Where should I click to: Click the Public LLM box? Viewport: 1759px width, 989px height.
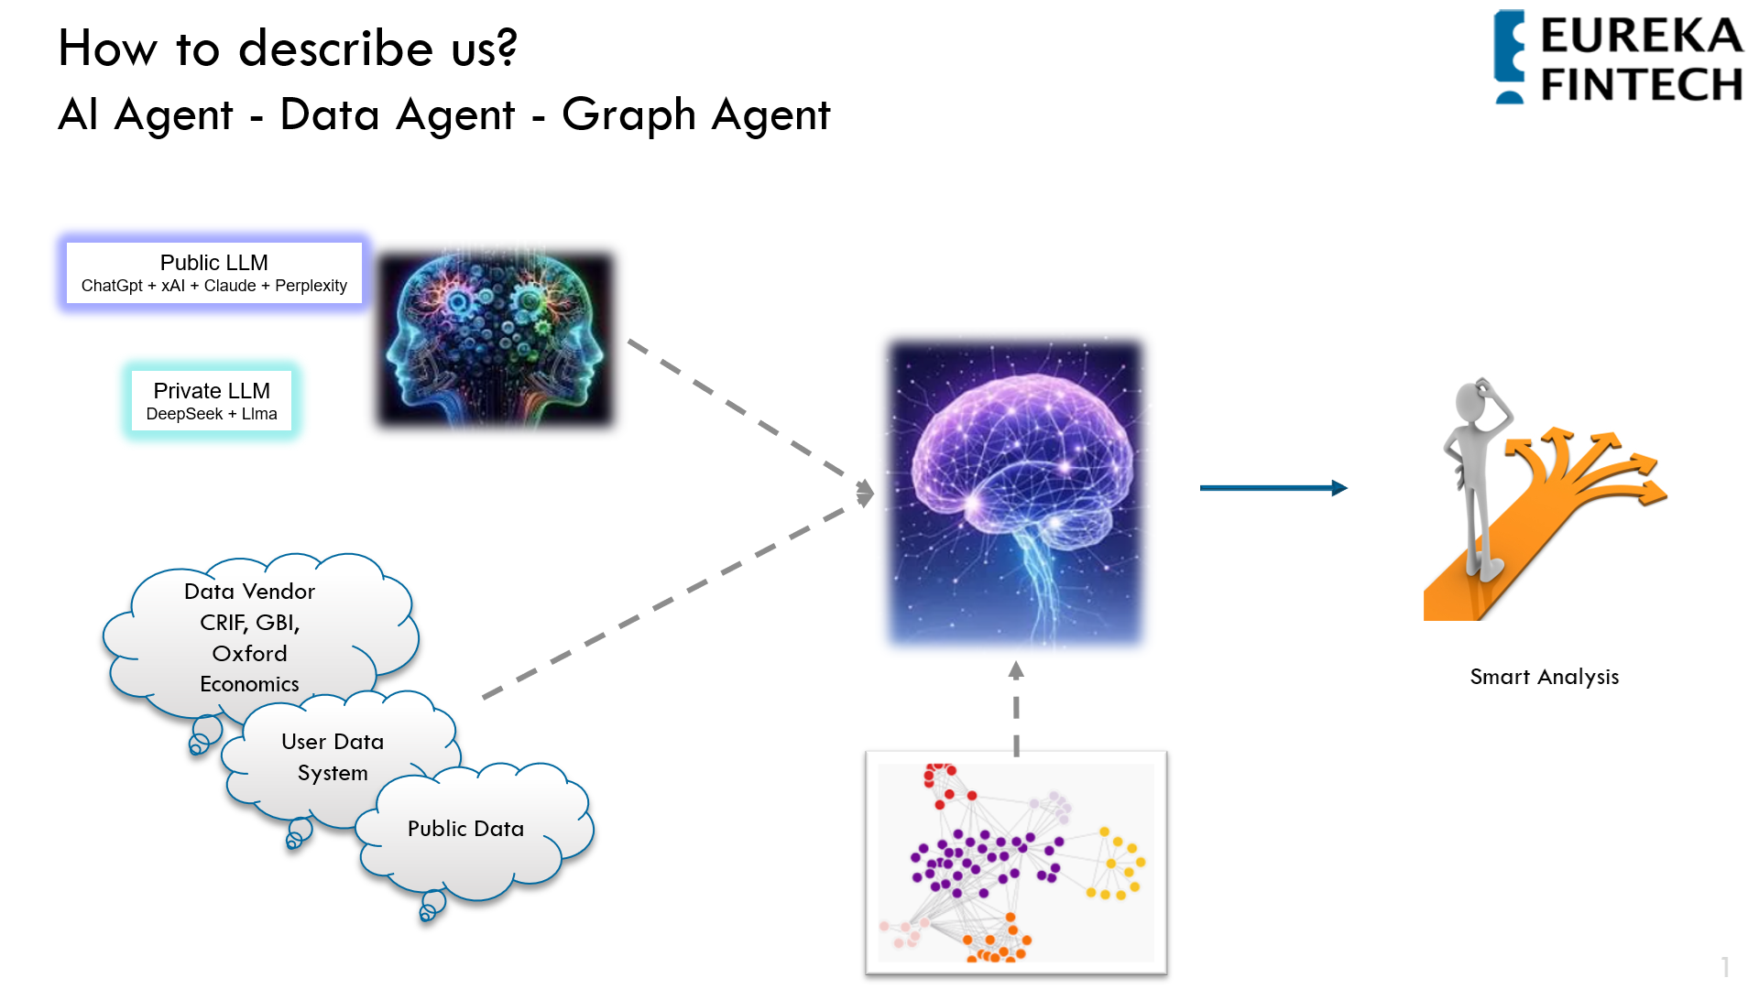click(214, 273)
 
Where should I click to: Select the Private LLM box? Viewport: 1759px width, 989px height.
click(212, 401)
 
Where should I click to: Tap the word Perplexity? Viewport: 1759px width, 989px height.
click(311, 286)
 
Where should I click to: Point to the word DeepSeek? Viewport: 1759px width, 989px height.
click(184, 414)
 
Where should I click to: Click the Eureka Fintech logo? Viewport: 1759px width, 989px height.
click(1618, 57)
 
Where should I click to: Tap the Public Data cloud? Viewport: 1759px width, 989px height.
click(473, 830)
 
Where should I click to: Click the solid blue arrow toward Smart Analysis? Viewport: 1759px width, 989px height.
click(1273, 488)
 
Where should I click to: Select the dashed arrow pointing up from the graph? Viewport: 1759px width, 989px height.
click(1016, 709)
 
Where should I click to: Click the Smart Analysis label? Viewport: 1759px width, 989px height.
click(1545, 677)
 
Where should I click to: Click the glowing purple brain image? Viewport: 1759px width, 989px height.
click(1016, 493)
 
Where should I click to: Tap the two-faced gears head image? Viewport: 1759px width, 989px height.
click(496, 340)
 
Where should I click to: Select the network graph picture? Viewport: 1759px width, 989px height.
click(1016, 863)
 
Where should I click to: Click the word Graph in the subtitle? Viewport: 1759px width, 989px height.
click(629, 116)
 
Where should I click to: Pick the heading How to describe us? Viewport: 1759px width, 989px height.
click(288, 49)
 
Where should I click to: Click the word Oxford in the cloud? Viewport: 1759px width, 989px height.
click(250, 653)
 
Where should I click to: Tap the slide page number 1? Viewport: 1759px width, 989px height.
click(1725, 967)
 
